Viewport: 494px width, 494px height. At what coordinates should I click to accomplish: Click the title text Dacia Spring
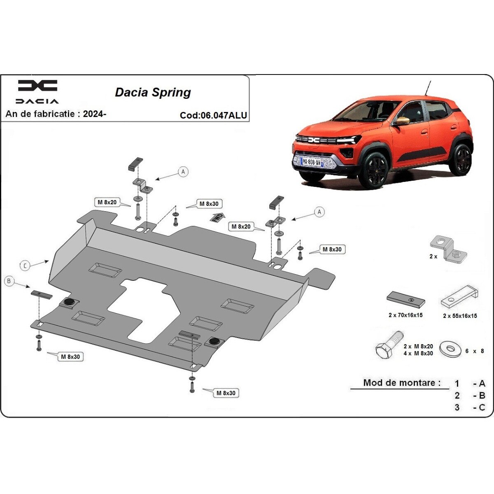(x=153, y=92)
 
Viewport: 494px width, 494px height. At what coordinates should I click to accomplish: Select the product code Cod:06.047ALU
(x=213, y=115)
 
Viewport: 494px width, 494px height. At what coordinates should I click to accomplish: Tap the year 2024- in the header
(x=94, y=114)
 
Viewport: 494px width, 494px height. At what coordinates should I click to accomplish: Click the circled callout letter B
(x=9, y=282)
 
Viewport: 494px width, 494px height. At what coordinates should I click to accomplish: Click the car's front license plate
(x=312, y=162)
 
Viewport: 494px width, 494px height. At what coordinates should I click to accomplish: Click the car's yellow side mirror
(x=403, y=120)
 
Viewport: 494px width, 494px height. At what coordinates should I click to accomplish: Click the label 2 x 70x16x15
(x=405, y=315)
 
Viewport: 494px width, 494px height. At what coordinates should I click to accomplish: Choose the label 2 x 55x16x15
(x=460, y=316)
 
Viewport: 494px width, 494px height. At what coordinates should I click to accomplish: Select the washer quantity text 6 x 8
(x=475, y=351)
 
